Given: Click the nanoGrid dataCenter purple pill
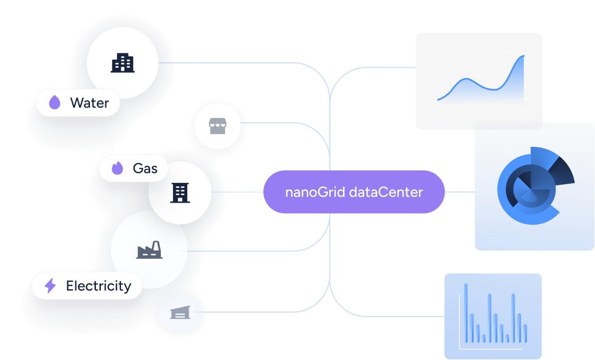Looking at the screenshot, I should [354, 192].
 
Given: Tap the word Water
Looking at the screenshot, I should [90, 103].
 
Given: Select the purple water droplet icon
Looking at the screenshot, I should [55, 103].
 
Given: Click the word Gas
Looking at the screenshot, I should [145, 169].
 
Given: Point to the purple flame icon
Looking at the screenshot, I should [117, 169].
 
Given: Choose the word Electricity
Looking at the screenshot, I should [99, 286].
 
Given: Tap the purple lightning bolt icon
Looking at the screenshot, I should [50, 286].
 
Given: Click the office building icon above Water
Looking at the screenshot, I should [122, 63].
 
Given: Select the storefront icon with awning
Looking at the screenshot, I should [217, 127].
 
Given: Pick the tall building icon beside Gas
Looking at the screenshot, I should [180, 193].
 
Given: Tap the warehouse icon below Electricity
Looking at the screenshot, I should [180, 312].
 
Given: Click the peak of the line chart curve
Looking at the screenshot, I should [523, 56].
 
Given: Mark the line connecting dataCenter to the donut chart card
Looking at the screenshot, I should [460, 192].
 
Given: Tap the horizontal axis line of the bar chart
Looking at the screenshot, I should [491, 349].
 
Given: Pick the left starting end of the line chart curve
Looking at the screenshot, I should [439, 99].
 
